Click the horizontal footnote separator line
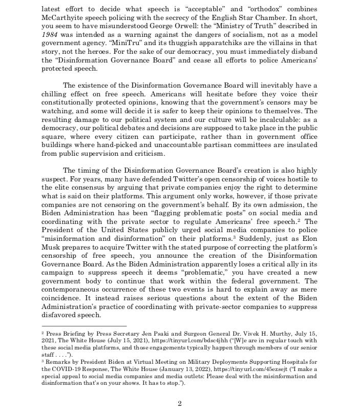[83, 326]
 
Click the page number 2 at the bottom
[179, 403]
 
